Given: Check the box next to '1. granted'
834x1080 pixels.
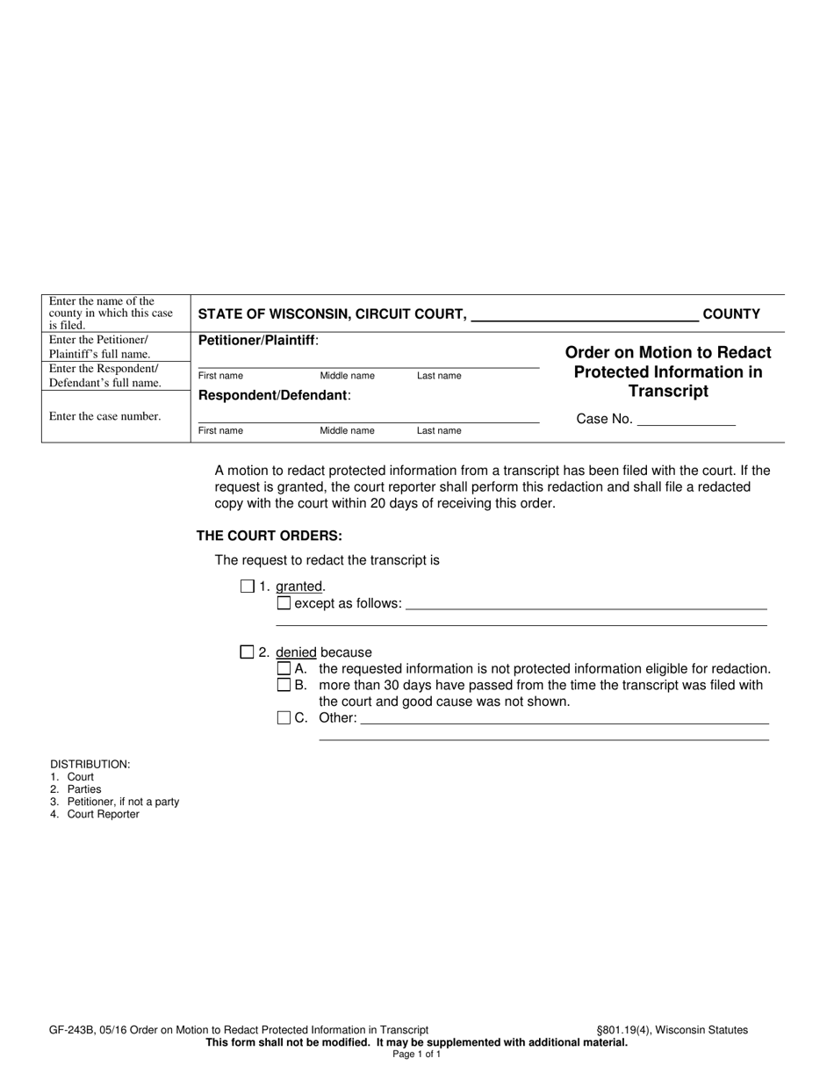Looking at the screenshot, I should [x=247, y=587].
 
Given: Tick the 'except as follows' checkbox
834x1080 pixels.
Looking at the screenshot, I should [x=284, y=603].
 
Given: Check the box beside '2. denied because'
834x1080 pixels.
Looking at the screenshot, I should [x=247, y=652].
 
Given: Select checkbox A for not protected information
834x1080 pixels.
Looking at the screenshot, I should [x=284, y=669].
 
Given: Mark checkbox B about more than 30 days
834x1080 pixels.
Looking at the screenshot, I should [x=284, y=685].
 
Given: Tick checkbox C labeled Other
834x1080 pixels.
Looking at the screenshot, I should [x=284, y=718].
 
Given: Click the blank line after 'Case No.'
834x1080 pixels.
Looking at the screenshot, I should [x=686, y=420].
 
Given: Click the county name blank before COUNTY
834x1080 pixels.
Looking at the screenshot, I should [x=585, y=314].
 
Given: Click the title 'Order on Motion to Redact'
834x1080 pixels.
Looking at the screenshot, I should [x=668, y=353].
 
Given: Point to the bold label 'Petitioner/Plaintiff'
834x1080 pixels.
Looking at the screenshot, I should [x=257, y=340].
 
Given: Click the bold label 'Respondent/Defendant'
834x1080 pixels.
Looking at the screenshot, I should [x=273, y=395].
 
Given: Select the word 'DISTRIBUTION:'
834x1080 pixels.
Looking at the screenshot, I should [x=90, y=765].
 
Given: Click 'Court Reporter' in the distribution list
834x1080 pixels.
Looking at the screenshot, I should [x=103, y=814].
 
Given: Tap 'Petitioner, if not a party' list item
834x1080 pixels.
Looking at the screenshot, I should [x=123, y=802].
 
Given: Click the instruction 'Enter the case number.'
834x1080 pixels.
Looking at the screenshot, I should [x=105, y=416].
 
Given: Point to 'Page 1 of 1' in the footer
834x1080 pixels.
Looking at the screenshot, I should [x=417, y=1055].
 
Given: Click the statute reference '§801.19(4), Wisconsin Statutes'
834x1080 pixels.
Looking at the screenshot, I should [x=672, y=1030].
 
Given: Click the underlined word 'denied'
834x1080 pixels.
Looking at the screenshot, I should [x=296, y=652].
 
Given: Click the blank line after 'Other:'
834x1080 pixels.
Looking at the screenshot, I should [x=564, y=718].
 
